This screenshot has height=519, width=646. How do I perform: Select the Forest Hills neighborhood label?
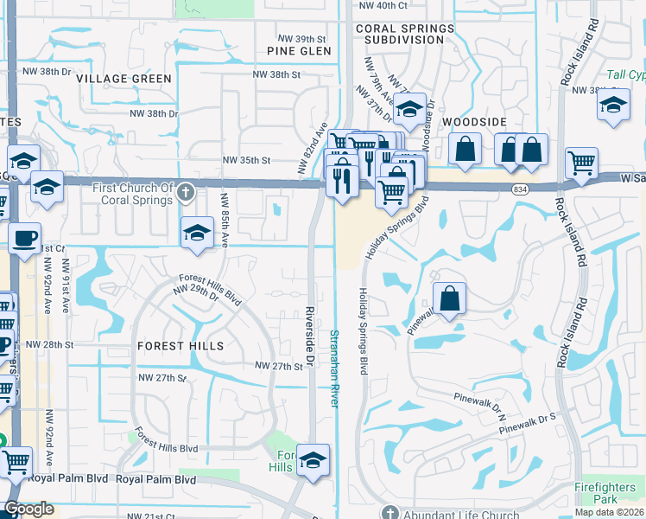click(180, 346)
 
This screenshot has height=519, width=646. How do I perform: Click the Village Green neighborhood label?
click(123, 79)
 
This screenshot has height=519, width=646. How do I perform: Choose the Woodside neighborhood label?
click(474, 123)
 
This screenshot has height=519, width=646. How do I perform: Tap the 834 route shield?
click(520, 189)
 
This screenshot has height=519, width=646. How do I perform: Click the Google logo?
click(28, 509)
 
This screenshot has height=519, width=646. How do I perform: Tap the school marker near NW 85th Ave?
click(197, 232)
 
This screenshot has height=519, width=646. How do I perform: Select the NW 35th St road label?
click(247, 160)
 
